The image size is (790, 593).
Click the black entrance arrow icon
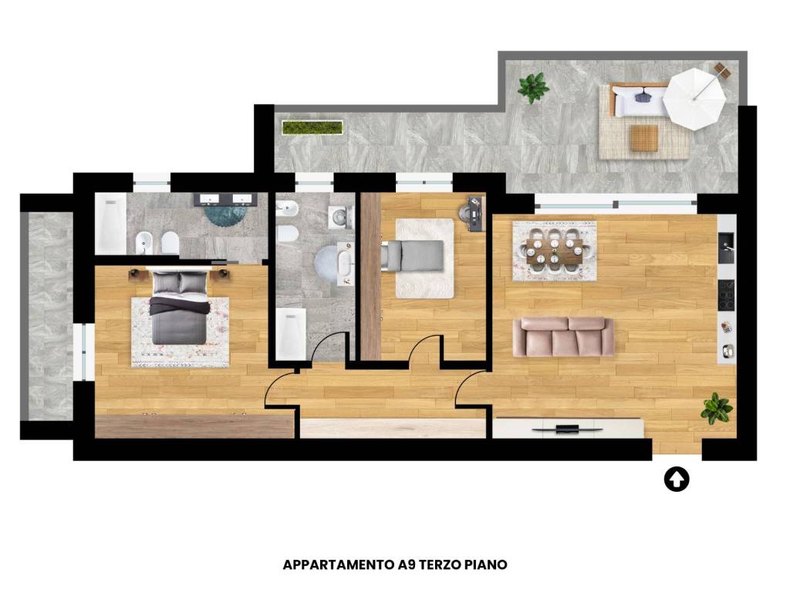click(676, 479)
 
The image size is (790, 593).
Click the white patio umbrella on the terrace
click(694, 99)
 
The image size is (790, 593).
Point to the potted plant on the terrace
click(533, 87)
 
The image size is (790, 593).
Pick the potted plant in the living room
click(717, 408)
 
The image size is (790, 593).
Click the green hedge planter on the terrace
click(312, 127)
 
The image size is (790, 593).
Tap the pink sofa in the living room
click(563, 337)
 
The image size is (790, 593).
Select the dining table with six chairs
click(554, 251)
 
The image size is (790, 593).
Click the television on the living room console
click(567, 429)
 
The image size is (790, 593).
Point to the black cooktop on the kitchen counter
click(726, 295)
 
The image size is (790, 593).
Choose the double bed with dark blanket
click(180, 307)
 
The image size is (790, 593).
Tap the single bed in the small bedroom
click(413, 255)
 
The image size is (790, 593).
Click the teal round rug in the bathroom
click(225, 215)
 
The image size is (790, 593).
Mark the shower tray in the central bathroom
click(291, 334)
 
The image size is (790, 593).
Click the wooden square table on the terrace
click(644, 138)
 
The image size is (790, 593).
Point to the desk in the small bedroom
click(475, 214)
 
